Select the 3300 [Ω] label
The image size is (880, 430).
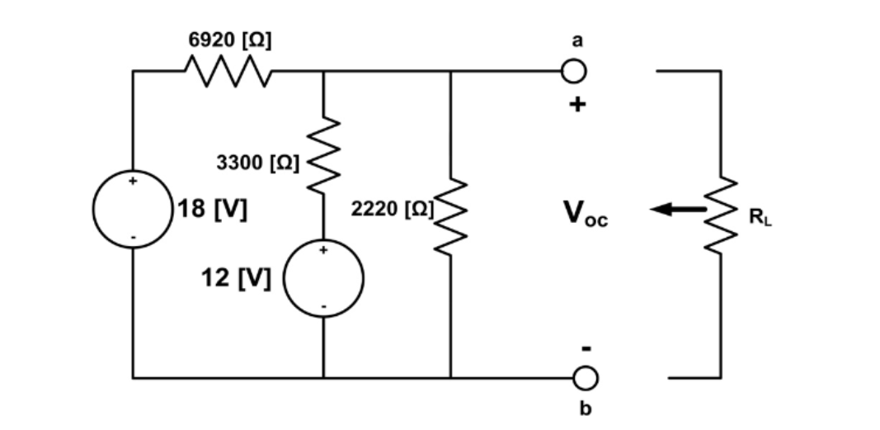[259, 162]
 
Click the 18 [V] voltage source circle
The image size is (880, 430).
[133, 210]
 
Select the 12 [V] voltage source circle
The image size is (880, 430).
[322, 279]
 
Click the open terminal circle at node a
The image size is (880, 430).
[574, 72]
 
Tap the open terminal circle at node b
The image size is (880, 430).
[585, 378]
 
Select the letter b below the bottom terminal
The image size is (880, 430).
[585, 409]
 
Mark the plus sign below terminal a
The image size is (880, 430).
[579, 105]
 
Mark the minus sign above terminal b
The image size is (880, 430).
[585, 348]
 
